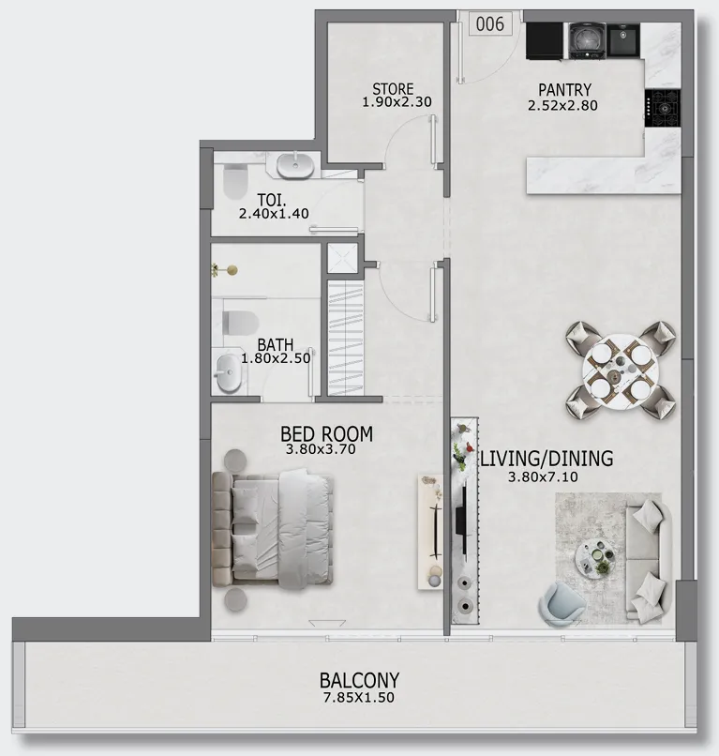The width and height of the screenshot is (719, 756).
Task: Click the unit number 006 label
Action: coord(489,23)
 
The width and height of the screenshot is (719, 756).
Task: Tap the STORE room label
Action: coord(393,89)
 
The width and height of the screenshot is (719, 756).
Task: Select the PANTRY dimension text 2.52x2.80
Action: coord(562,105)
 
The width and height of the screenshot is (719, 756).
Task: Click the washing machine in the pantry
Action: coord(587,40)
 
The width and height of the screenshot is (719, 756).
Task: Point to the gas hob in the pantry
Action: coord(663,108)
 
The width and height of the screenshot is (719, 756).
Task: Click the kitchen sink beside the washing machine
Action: coord(622,39)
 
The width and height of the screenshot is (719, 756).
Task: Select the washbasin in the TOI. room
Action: coord(295,165)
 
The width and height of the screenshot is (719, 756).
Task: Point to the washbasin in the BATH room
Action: coord(228,372)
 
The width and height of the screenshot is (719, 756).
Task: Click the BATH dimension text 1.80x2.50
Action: coord(276,358)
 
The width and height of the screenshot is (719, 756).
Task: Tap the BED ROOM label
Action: coord(327,434)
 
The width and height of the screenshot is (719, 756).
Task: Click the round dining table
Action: coord(621,370)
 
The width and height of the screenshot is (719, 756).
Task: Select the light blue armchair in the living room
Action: coord(562,604)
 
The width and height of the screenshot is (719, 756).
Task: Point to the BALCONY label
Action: coord(360,680)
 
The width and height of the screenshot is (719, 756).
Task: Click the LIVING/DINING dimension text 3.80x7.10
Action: coord(543,477)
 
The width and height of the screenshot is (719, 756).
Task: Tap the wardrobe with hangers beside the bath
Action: coord(345,339)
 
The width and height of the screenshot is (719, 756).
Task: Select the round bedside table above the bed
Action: coord(235,460)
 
